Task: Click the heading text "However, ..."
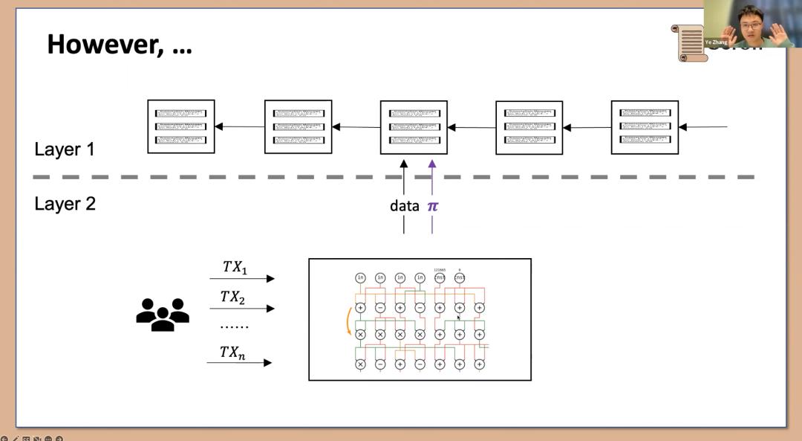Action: (120, 45)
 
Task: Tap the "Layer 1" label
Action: (65, 149)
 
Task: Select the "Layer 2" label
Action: (65, 203)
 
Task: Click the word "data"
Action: (404, 206)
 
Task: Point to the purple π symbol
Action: (432, 206)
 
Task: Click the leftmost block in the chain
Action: (180, 126)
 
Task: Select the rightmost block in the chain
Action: (645, 127)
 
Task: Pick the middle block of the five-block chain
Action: (414, 127)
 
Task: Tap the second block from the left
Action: (298, 127)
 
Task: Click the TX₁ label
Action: (235, 267)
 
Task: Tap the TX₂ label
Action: (233, 297)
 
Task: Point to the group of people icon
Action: (163, 315)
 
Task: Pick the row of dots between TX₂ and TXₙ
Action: (234, 326)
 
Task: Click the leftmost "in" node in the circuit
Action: (361, 278)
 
